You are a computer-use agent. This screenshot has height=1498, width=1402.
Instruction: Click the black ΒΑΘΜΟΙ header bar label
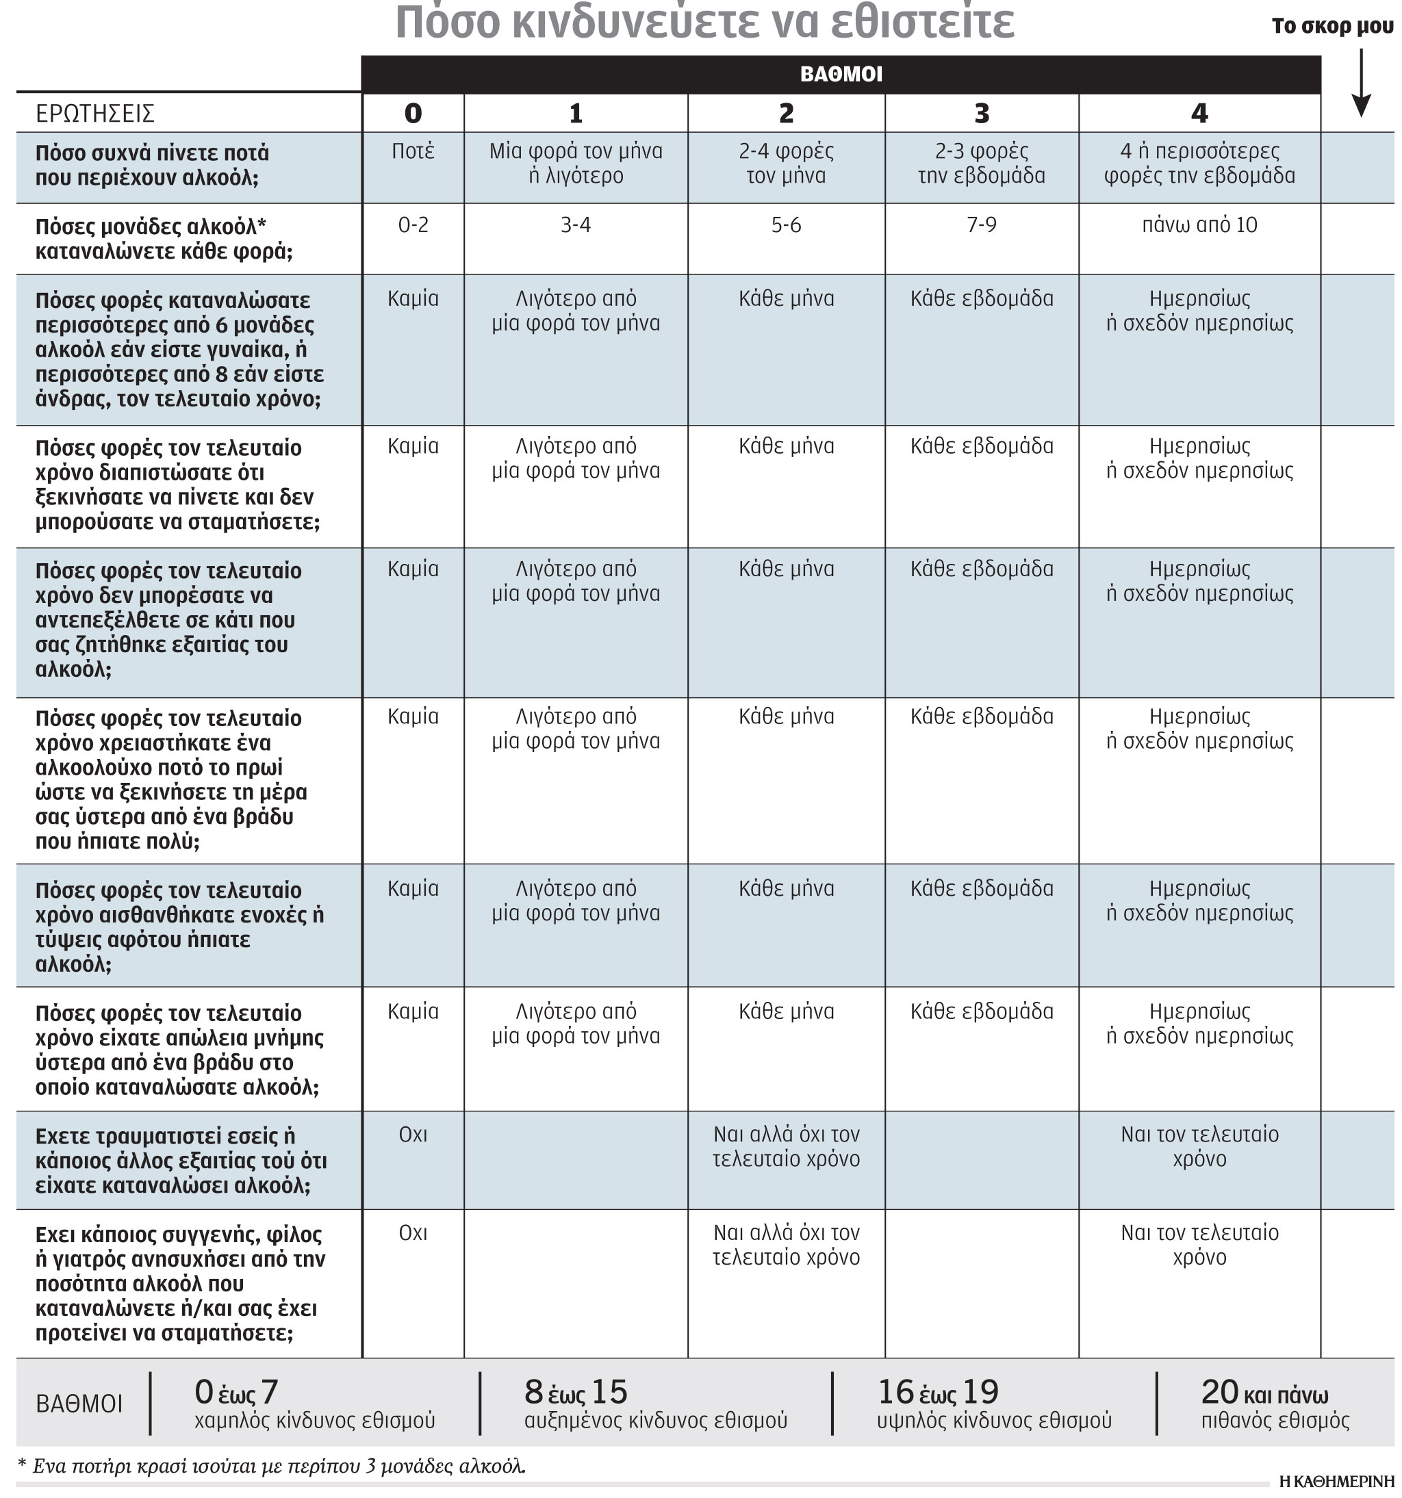(x=841, y=74)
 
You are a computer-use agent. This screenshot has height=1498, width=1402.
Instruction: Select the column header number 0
(x=412, y=113)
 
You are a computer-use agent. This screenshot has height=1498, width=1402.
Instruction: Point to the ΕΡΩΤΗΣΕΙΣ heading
(x=95, y=114)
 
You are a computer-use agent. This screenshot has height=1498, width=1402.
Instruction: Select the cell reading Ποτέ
(x=412, y=151)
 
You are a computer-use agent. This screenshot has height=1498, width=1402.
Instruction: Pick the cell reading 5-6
(x=785, y=224)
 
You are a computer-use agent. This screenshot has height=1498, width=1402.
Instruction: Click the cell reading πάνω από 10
(x=1199, y=224)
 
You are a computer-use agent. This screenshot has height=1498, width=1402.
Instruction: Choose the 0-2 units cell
(x=412, y=224)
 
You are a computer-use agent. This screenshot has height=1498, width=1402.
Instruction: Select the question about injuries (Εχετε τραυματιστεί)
(x=181, y=1161)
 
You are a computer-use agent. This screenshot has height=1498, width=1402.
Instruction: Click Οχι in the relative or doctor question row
(x=412, y=1232)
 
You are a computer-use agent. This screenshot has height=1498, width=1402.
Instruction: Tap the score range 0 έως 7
(x=237, y=1393)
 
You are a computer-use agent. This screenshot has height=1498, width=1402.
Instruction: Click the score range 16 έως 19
(x=938, y=1393)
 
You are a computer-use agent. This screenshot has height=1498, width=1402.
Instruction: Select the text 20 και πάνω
(x=1264, y=1393)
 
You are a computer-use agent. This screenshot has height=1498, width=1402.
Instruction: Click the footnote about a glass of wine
(x=271, y=1466)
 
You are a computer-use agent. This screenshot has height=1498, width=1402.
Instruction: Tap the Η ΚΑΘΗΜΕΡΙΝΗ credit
(x=1336, y=1482)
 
